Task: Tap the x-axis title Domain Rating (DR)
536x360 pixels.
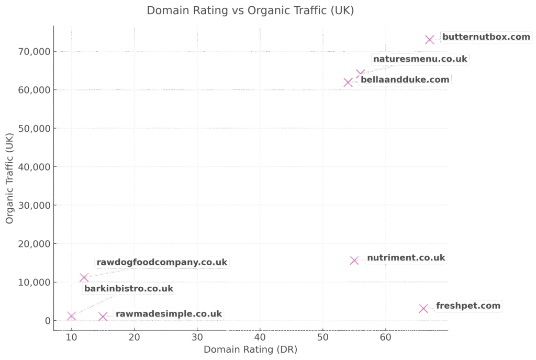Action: [x=250, y=349]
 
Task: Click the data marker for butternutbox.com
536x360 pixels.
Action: [x=430, y=39]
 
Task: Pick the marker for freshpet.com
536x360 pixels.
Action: [x=423, y=308]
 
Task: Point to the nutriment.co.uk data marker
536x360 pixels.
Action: [x=354, y=260]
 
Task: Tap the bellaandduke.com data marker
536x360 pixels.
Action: [x=348, y=82]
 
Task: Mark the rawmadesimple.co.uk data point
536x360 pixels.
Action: [x=103, y=317]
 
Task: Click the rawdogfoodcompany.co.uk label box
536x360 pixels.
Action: [x=162, y=262]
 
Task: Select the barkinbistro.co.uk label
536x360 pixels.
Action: [x=128, y=288]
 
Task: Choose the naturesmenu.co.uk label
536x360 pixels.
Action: [x=420, y=59]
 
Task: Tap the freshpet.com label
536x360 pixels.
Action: [x=468, y=306]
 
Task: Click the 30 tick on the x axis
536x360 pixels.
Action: [x=197, y=337]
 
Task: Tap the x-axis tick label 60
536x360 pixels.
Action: [x=385, y=337]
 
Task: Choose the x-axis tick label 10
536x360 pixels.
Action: [x=71, y=337]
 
